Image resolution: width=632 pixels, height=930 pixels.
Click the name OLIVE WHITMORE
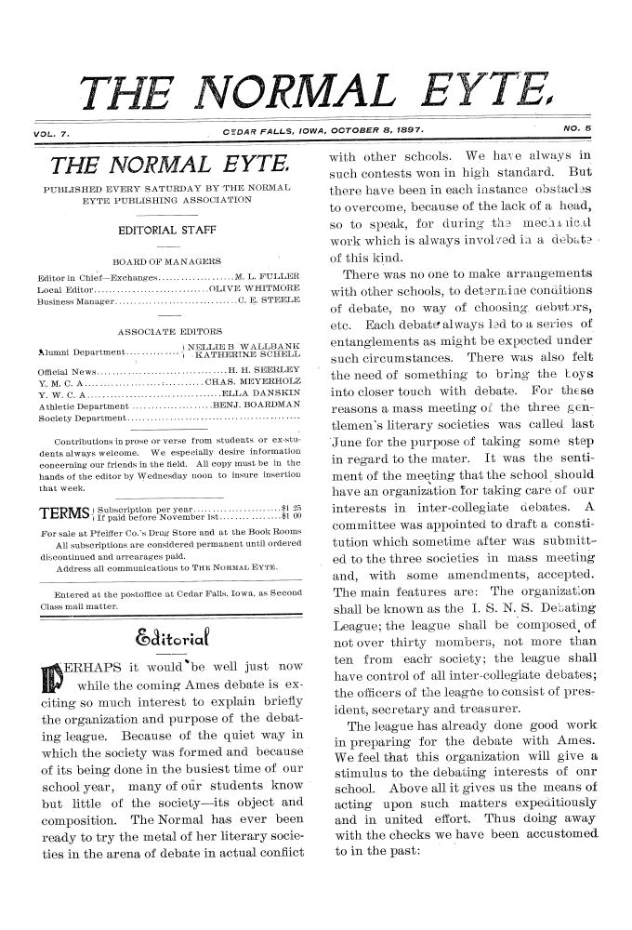[256, 288]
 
